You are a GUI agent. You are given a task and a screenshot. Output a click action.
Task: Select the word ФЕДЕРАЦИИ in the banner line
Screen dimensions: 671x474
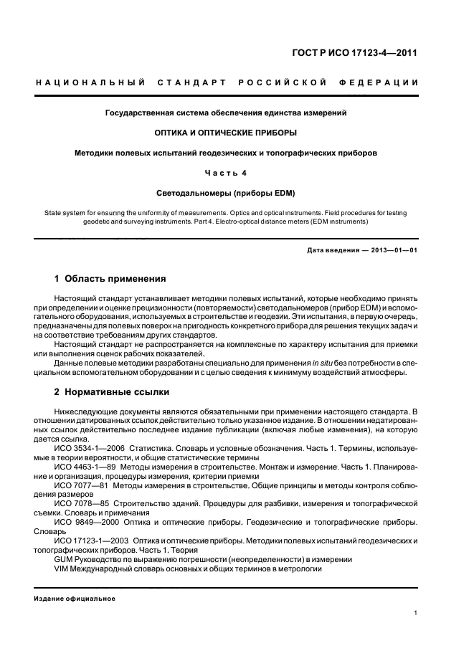click(x=389, y=82)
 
